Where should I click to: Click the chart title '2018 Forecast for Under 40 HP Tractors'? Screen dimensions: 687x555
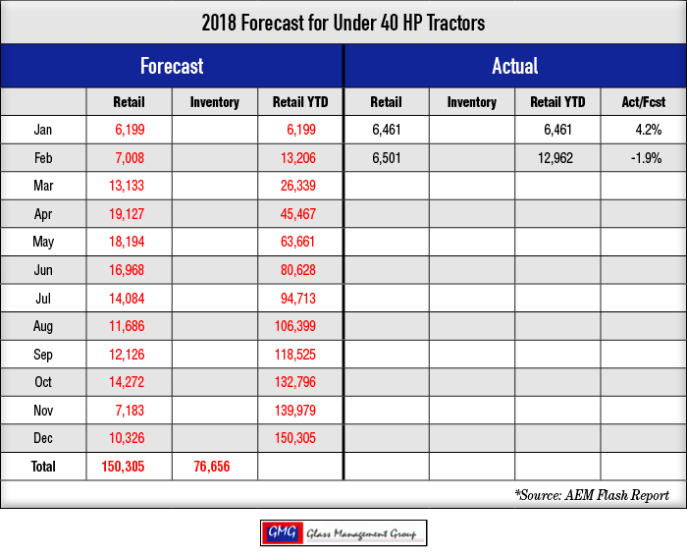pos(343,23)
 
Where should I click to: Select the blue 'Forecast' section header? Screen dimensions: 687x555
pos(172,66)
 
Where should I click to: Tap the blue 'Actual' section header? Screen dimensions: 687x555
pos(515,66)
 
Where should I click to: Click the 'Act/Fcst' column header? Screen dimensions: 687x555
pos(643,102)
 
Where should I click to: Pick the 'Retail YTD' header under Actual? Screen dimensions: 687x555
pos(557,102)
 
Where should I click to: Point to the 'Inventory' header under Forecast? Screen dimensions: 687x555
pos(215,102)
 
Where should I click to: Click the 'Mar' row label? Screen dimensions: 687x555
pos(43,186)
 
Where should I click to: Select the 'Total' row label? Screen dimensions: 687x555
pos(43,466)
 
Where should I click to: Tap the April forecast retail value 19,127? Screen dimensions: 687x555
pos(127,214)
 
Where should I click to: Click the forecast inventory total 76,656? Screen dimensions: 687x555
pos(212,467)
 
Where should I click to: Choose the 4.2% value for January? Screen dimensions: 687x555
pos(649,130)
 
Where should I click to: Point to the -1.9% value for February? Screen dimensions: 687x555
pos(646,158)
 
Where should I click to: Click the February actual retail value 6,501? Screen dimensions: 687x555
pos(387,158)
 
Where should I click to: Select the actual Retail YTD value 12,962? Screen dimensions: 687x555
pos(555,158)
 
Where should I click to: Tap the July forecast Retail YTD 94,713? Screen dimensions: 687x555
pos(298,299)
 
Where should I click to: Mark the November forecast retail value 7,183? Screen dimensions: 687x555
pos(130,411)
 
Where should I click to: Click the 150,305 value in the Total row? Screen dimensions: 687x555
pos(123,467)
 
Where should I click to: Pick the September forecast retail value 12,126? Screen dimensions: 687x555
pos(127,355)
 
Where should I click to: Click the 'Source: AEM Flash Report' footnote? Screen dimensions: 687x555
pos(592,495)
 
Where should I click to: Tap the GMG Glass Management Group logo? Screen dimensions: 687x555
pos(343,533)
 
